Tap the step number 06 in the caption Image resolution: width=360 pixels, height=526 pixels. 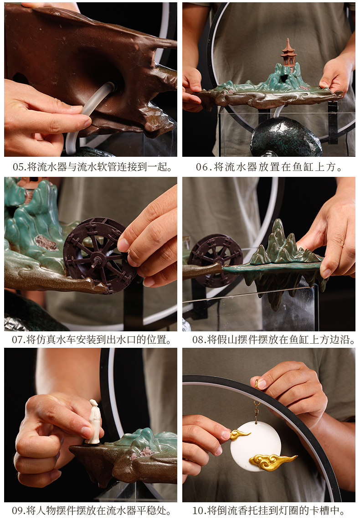click(202, 167)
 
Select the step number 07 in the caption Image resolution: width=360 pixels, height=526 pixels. click(17, 340)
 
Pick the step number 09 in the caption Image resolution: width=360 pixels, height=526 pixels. click(17, 511)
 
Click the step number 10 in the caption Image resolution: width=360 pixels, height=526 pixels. click(198, 511)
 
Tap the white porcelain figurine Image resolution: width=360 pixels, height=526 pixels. click(94, 422)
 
